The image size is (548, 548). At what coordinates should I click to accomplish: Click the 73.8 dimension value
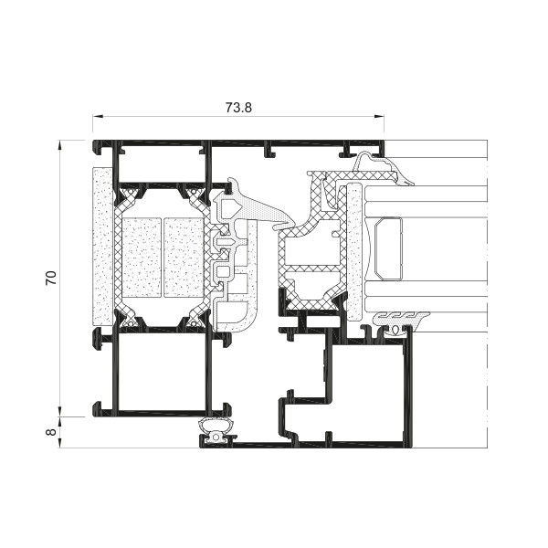pos(238,107)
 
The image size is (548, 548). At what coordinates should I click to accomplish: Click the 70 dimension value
pos(51,278)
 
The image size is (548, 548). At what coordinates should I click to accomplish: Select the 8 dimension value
pos(51,432)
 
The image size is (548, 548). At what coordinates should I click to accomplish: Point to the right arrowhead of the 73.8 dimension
pos(379,117)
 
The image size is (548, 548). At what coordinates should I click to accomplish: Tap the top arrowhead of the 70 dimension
pos(60,145)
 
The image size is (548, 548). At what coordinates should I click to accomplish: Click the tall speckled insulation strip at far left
pos(102,247)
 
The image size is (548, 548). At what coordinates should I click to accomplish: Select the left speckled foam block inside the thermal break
pos(142,258)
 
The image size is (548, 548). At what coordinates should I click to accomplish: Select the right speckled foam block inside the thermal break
pos(184,258)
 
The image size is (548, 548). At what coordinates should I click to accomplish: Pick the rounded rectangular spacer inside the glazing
pos(388,249)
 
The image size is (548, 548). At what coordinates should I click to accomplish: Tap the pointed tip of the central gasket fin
pos(273,227)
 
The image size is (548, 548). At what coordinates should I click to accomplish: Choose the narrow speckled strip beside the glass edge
pos(355,251)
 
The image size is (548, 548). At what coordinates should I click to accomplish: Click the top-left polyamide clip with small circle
pos(130,195)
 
